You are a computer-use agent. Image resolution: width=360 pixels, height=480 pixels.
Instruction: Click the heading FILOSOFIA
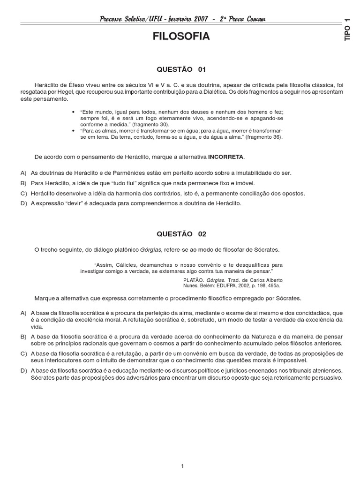click(180, 37)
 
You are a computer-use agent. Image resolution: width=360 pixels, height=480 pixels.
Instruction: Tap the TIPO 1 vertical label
click(347, 30)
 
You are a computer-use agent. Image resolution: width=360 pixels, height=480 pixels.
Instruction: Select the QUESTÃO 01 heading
click(180, 69)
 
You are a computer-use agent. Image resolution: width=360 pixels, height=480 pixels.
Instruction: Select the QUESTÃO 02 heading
click(180, 233)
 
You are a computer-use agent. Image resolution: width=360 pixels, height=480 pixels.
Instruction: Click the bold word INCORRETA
click(226, 156)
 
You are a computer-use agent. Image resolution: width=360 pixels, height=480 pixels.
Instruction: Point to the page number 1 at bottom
click(182, 452)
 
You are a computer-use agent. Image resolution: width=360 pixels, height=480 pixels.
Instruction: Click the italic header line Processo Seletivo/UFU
click(180, 19)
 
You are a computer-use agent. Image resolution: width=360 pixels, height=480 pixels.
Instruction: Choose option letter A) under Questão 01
click(23, 173)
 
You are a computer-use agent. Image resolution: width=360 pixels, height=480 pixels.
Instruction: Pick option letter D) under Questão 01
click(23, 203)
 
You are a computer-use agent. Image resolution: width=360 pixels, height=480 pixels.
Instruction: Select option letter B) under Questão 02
click(23, 337)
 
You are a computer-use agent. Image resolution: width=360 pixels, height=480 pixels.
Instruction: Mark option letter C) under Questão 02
click(23, 353)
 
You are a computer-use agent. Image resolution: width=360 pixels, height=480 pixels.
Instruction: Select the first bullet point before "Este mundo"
click(74, 112)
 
